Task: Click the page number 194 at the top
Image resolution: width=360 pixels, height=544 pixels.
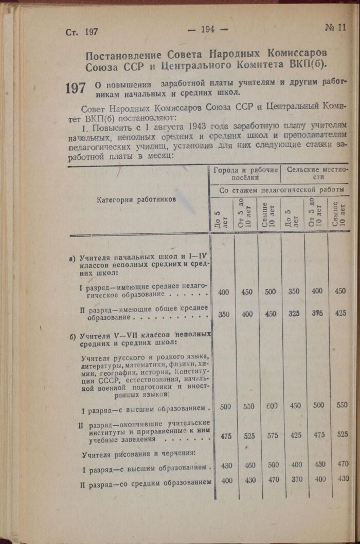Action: [208, 29]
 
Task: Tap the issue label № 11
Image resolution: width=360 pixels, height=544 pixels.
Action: [335, 28]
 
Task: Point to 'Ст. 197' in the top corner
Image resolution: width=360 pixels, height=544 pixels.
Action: [82, 31]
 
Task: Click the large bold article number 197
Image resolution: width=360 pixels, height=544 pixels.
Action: [76, 88]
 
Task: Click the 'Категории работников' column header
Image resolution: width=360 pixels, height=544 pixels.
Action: [136, 199]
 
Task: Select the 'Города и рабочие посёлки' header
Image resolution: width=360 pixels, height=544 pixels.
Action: [245, 173]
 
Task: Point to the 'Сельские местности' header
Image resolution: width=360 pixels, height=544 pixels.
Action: [317, 173]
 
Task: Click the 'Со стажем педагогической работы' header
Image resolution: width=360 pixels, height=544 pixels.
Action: [281, 190]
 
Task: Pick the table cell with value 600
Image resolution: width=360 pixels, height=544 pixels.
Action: [272, 406]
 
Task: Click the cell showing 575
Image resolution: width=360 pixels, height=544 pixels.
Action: [273, 436]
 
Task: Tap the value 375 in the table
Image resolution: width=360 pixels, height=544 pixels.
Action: [317, 313]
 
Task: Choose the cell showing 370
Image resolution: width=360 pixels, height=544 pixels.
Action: [296, 480]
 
